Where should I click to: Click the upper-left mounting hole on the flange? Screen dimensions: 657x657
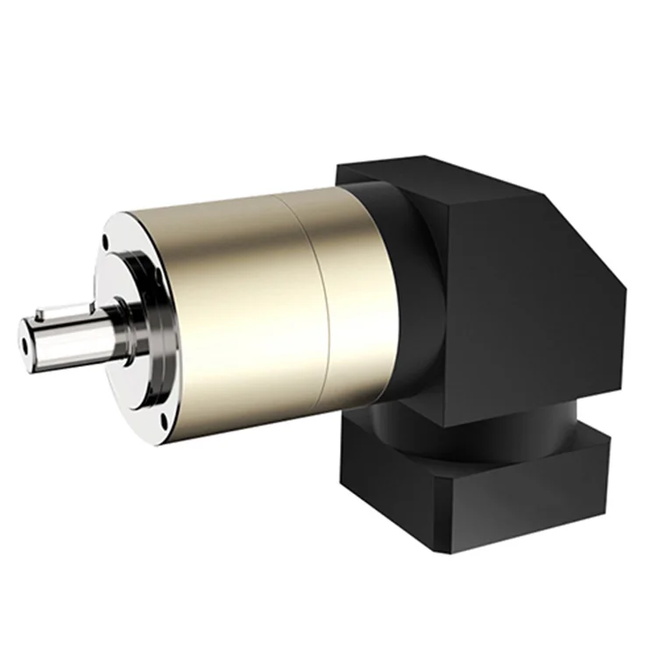105,239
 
